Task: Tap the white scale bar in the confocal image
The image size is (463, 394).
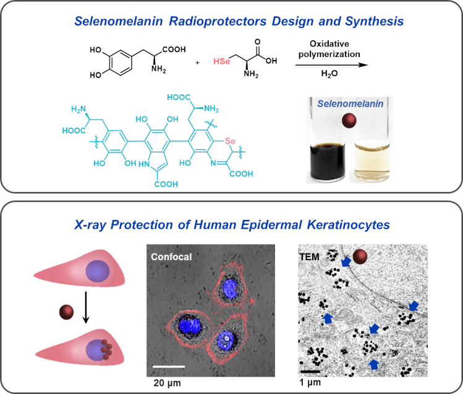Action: pyautogui.click(x=169, y=366)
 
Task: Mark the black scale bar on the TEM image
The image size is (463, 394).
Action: pyautogui.click(x=311, y=372)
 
